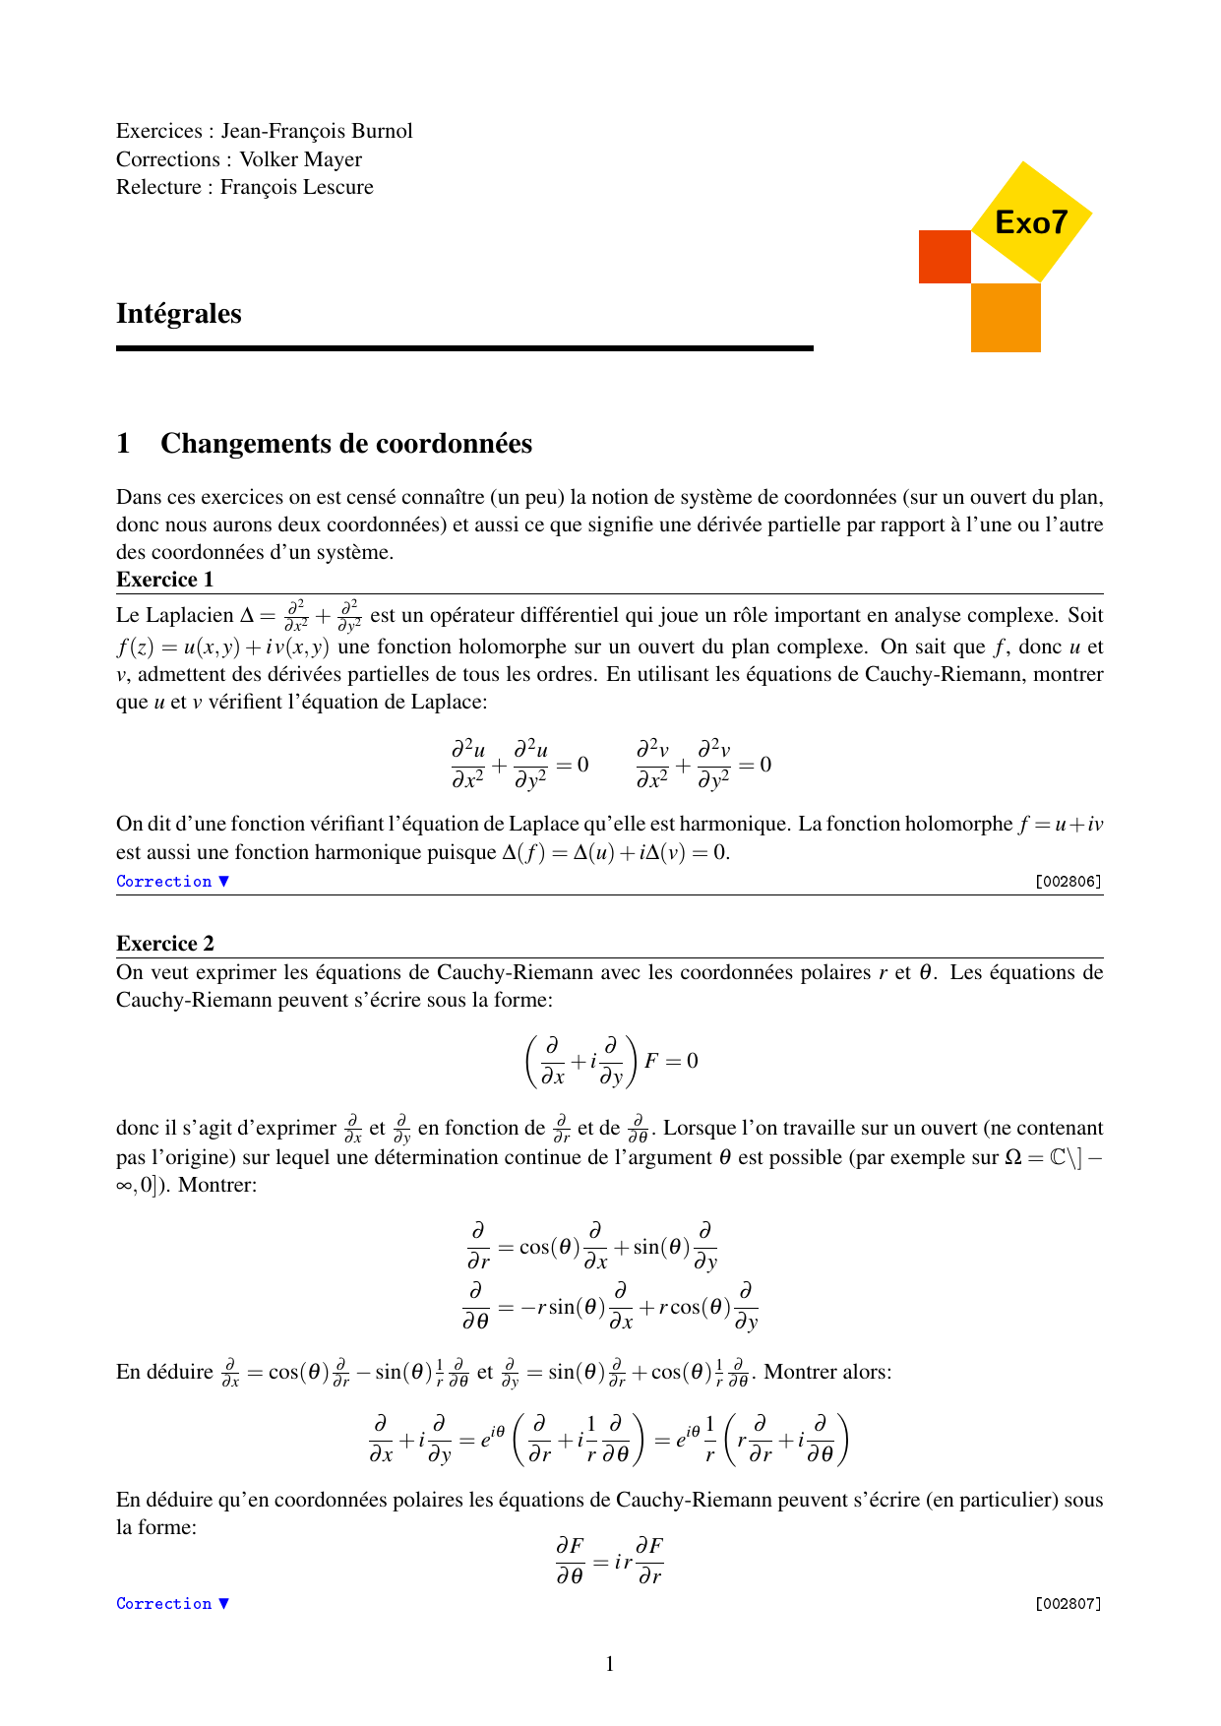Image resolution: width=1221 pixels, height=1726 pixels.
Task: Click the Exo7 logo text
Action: click(x=1030, y=222)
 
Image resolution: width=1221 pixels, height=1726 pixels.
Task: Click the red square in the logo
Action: click(x=945, y=257)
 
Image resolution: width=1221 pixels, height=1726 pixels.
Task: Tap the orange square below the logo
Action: click(x=1006, y=318)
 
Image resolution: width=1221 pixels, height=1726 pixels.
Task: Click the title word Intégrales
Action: click(x=179, y=314)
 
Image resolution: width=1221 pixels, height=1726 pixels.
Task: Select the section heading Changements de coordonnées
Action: click(x=346, y=444)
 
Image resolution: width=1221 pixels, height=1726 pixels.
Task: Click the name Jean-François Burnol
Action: click(x=317, y=131)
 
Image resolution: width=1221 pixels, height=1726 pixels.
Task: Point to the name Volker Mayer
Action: click(x=301, y=159)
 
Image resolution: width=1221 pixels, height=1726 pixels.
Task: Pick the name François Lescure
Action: click(x=297, y=187)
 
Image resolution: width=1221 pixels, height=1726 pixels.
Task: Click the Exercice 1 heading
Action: click(x=164, y=580)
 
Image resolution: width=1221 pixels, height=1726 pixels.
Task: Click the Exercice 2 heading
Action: click(x=164, y=944)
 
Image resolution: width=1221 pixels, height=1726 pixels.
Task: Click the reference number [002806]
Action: click(x=1068, y=882)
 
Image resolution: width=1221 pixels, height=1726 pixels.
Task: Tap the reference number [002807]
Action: click(x=1068, y=1604)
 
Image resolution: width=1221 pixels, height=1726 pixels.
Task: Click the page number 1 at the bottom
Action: click(x=610, y=1664)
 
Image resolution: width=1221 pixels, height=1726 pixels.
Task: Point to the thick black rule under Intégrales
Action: click(x=464, y=348)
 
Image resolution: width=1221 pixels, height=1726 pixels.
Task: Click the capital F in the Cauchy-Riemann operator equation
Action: click(x=651, y=1061)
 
